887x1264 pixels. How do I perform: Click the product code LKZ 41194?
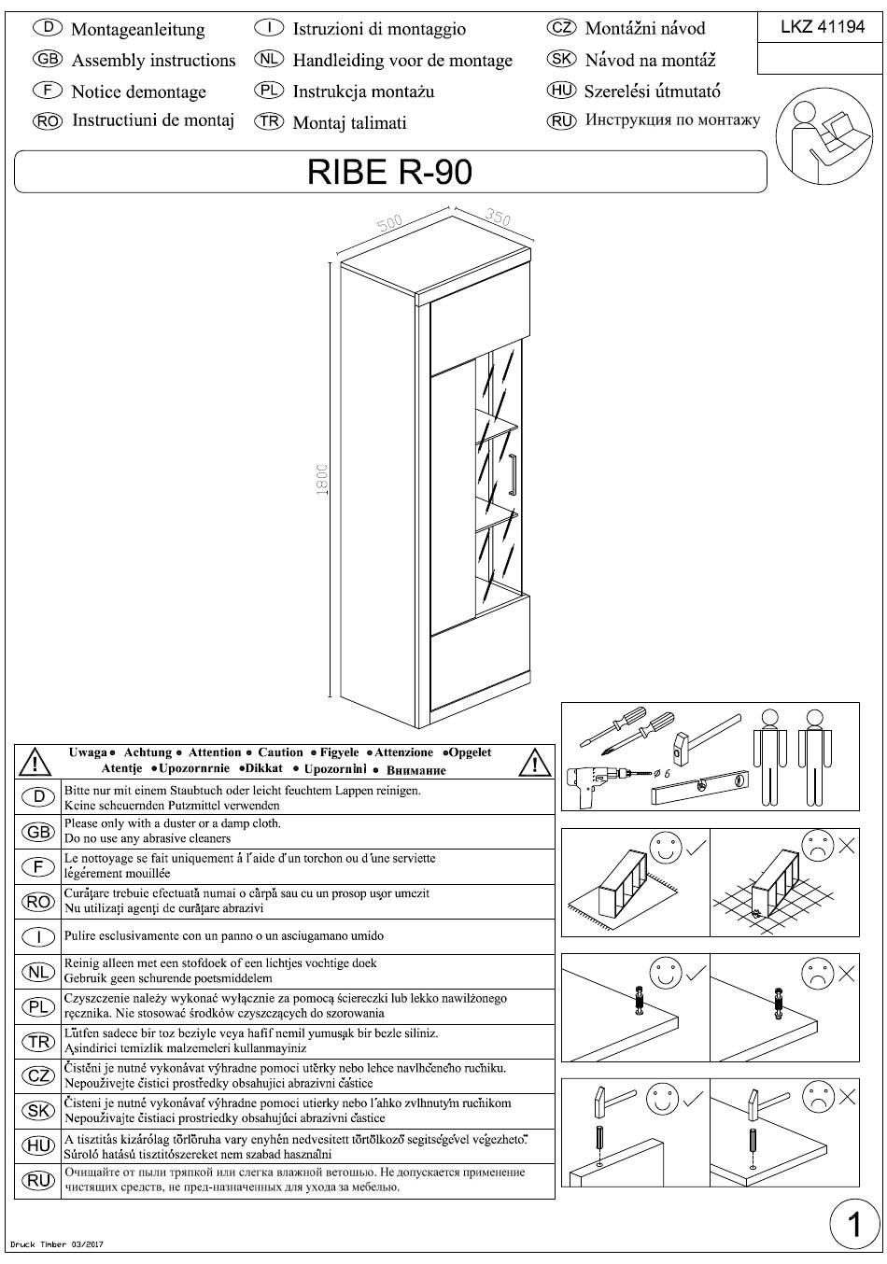click(x=822, y=26)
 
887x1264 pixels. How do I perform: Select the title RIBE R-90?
click(x=389, y=172)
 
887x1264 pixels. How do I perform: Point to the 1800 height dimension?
click(x=322, y=480)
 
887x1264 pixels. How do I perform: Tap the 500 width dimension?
click(x=390, y=222)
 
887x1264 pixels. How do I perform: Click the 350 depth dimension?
click(x=498, y=217)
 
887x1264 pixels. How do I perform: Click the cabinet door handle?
click(x=513, y=473)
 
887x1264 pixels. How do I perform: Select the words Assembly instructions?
click(x=153, y=61)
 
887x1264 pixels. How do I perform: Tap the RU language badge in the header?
click(x=561, y=120)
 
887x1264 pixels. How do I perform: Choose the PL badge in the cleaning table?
click(x=38, y=1006)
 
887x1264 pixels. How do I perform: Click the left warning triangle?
click(x=35, y=763)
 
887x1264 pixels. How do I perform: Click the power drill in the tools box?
click(x=593, y=782)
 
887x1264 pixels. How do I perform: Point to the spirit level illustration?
click(x=700, y=786)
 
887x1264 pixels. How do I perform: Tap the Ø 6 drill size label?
click(x=661, y=774)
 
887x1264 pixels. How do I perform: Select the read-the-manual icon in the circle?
click(x=824, y=136)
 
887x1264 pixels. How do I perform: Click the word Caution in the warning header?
click(x=280, y=752)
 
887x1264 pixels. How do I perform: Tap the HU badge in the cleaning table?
click(x=38, y=1145)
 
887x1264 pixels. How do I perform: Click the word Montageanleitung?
click(x=137, y=29)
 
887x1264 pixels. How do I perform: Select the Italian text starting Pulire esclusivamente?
click(x=223, y=936)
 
